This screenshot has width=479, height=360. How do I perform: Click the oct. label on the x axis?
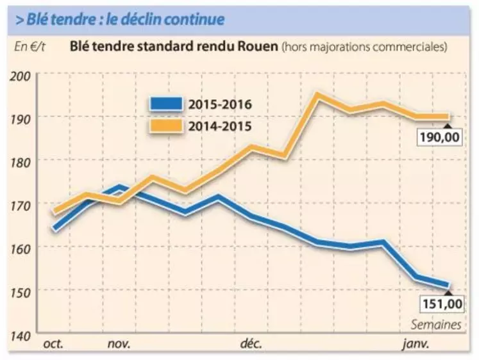(54, 345)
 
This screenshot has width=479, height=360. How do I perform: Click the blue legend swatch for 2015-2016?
(167, 103)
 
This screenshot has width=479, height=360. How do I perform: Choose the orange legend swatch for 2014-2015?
(167, 125)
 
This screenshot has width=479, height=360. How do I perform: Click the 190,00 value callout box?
(441, 137)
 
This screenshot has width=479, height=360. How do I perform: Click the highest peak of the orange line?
(317, 95)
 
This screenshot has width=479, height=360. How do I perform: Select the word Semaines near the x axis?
(437, 325)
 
